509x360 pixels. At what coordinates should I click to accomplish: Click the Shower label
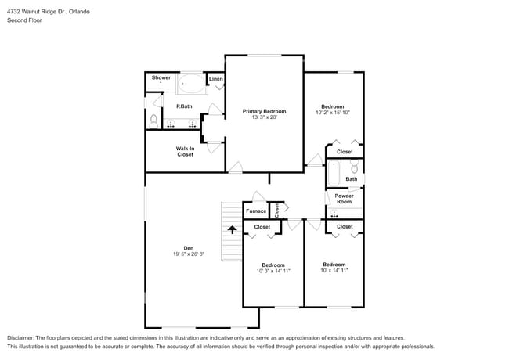click(x=161, y=77)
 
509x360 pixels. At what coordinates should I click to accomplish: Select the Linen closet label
click(x=216, y=79)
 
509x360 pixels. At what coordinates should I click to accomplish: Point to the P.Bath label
click(x=184, y=106)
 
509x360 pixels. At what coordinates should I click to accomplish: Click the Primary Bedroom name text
click(x=264, y=111)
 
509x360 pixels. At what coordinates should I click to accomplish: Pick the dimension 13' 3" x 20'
click(x=264, y=117)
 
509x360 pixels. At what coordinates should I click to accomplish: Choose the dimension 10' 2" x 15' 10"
click(x=333, y=113)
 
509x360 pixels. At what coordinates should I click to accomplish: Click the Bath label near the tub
click(x=352, y=179)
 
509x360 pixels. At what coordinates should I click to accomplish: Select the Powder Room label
click(x=345, y=199)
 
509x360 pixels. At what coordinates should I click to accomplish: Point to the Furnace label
click(x=256, y=211)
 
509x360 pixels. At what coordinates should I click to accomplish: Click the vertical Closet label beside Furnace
click(x=276, y=209)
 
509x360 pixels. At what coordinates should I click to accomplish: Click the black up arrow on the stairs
click(x=232, y=229)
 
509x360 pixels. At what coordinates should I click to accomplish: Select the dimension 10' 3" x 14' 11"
click(x=273, y=271)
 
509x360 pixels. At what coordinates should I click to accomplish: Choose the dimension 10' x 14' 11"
click(x=334, y=270)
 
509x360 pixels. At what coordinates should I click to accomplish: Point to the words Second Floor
click(x=24, y=20)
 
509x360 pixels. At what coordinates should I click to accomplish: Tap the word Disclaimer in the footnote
click(x=23, y=337)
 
